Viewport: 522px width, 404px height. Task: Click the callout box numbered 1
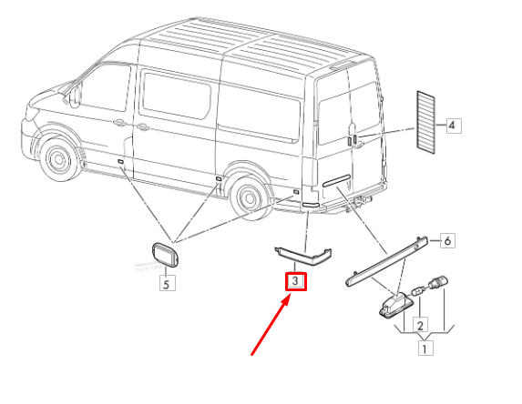(425, 348)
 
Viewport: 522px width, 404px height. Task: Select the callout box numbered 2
(420, 324)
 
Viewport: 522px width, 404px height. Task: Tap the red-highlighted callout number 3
(296, 281)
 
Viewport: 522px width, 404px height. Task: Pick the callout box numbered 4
(454, 126)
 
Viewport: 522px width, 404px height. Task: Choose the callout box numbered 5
(167, 283)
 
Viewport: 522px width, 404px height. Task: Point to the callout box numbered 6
(447, 240)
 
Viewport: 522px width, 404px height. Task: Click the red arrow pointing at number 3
(270, 327)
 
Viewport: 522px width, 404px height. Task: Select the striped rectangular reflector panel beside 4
(425, 122)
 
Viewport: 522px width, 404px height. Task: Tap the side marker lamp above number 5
(166, 256)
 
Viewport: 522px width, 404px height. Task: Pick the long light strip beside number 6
(387, 260)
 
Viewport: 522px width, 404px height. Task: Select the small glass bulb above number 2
(418, 290)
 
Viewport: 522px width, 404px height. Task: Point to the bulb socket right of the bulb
(437, 283)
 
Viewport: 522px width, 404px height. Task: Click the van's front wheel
(59, 159)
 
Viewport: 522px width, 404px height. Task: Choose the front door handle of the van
(120, 123)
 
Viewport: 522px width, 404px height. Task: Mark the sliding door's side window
(175, 95)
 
